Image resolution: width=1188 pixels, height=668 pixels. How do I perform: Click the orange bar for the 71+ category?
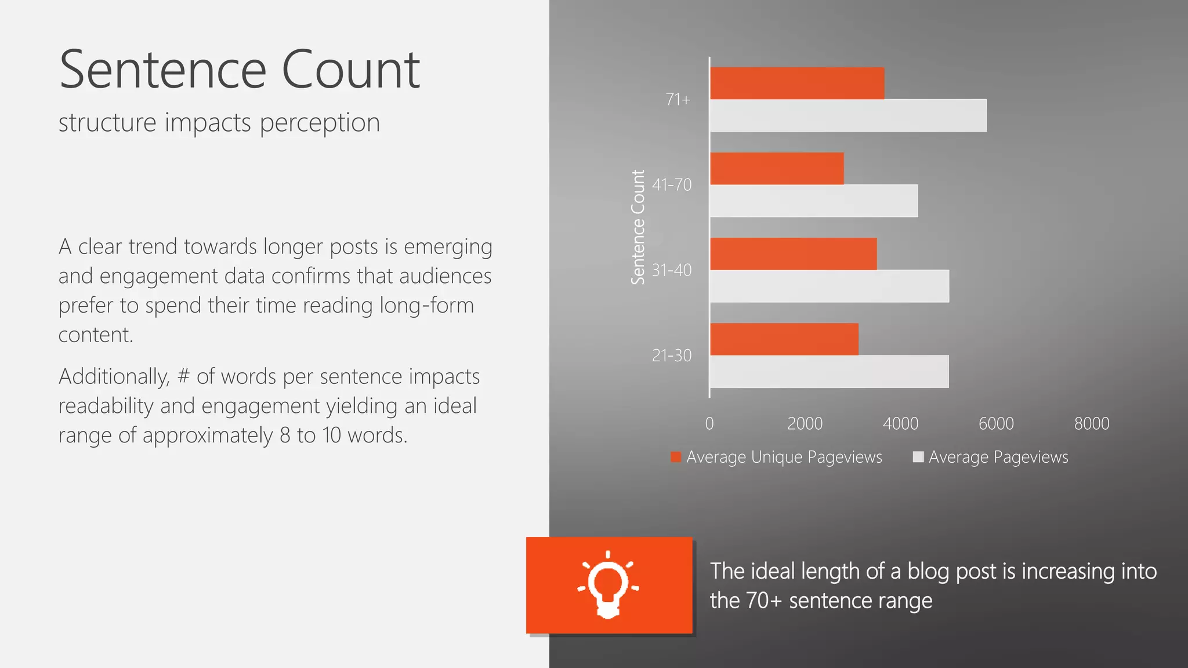(x=797, y=83)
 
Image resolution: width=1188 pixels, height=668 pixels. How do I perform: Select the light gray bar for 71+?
(x=847, y=115)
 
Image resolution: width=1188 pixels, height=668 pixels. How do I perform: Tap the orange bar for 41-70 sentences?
(x=777, y=168)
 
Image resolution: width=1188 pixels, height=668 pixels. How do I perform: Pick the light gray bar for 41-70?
(x=813, y=201)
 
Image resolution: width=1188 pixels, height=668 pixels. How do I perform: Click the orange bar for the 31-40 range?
(x=793, y=253)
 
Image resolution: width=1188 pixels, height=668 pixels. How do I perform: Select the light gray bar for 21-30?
(x=829, y=372)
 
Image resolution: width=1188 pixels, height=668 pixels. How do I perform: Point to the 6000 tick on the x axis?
(x=996, y=424)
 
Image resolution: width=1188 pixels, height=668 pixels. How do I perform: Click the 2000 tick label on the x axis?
(x=805, y=424)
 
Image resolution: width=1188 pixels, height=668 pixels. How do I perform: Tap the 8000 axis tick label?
(x=1091, y=424)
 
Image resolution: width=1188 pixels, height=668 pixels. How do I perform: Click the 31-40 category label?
(x=672, y=270)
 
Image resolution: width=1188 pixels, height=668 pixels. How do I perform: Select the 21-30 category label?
(x=672, y=355)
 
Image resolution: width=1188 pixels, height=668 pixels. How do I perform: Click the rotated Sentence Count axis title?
(x=638, y=227)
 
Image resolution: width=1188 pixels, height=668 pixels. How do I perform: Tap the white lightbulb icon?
(x=608, y=584)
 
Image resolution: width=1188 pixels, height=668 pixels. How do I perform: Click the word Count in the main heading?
(x=350, y=70)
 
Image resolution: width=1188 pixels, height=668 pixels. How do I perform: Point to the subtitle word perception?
(x=320, y=123)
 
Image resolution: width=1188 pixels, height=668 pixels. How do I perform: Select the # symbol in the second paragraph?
(x=183, y=377)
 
